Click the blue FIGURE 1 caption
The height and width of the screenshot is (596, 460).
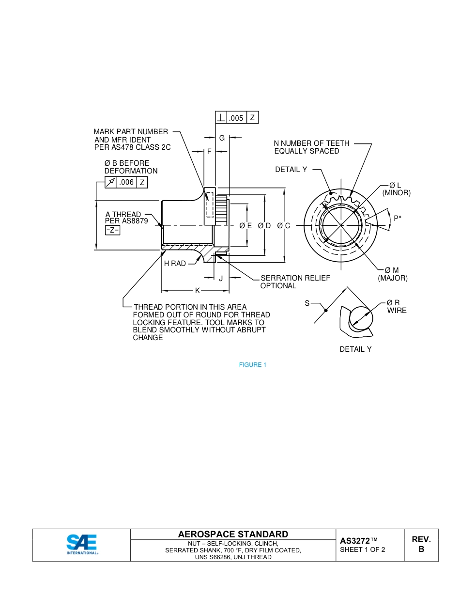tap(253, 365)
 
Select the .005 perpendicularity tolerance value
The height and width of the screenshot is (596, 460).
tap(236, 118)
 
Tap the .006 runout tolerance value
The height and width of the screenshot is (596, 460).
tap(126, 182)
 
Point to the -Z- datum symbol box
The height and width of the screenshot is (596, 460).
tap(112, 230)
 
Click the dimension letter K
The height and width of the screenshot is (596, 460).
tap(197, 291)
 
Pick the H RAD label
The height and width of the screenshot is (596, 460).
tap(175, 264)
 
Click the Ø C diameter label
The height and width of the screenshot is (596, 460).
tap(284, 225)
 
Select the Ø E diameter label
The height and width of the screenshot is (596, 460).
tap(245, 225)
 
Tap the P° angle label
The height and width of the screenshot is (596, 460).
tap(398, 219)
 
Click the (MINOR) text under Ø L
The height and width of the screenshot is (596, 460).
tap(396, 193)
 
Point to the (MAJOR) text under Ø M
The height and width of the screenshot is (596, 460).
tap(393, 278)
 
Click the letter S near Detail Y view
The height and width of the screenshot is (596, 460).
tap(307, 303)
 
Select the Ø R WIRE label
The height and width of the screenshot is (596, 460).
tap(396, 307)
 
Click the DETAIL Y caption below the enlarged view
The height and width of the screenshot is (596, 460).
tap(355, 349)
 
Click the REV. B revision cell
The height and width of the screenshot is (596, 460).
tap(421, 545)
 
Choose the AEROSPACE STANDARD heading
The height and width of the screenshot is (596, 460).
tap(233, 534)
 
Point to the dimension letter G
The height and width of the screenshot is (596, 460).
tap(222, 138)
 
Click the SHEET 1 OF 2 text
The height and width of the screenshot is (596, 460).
tap(363, 549)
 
